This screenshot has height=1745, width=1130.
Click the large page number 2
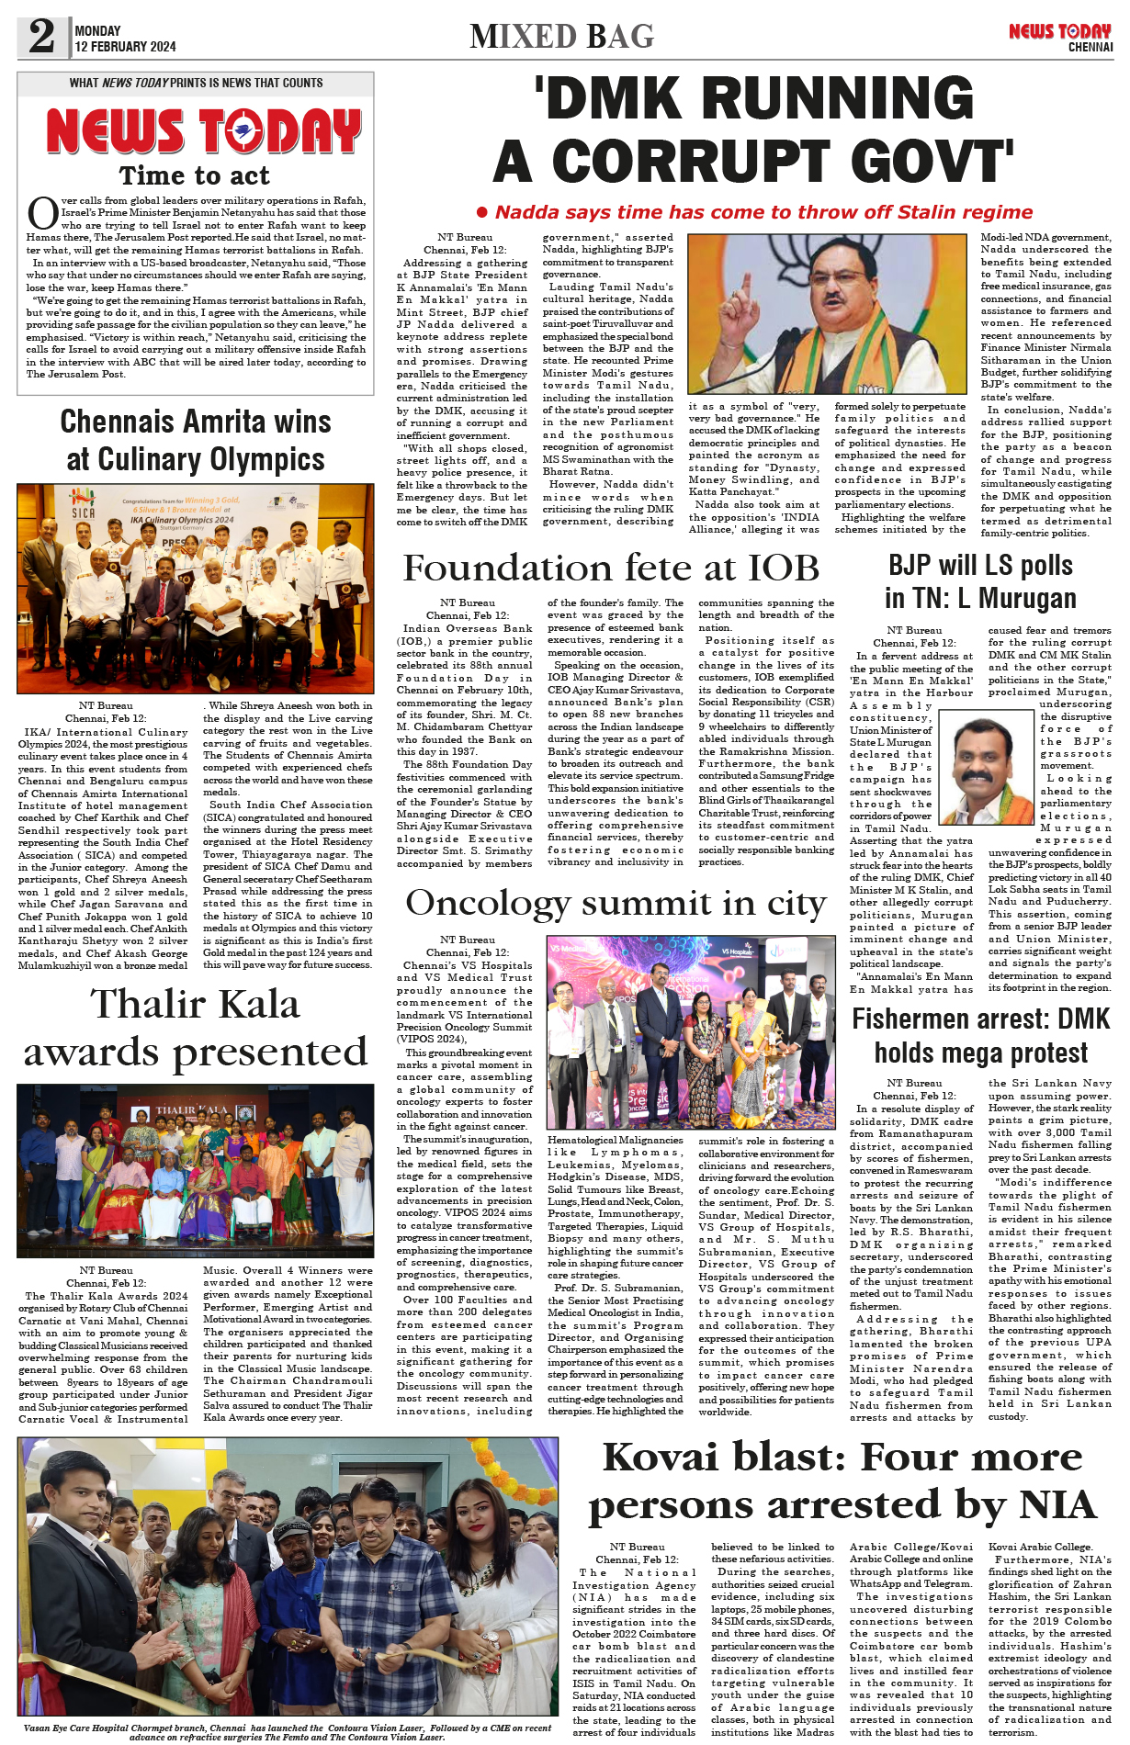(x=42, y=37)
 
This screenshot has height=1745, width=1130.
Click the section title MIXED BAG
(x=561, y=37)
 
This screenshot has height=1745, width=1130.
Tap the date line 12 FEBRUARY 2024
(x=125, y=47)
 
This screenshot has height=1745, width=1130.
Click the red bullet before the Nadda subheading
(x=482, y=212)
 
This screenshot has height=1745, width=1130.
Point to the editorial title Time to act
(x=195, y=175)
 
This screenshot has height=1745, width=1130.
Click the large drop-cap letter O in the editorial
(x=42, y=213)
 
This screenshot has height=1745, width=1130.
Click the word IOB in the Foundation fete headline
(x=769, y=568)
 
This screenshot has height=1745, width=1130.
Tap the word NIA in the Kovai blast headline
(x=1057, y=1505)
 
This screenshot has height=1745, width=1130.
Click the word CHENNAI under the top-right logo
(x=1090, y=47)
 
